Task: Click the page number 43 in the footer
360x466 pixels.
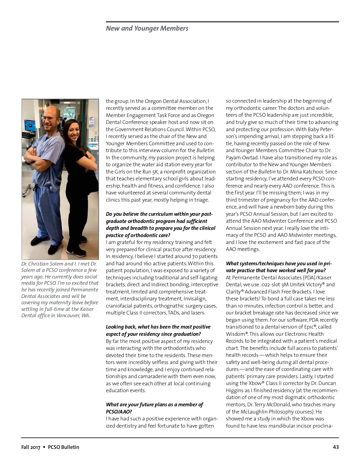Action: click(x=336, y=447)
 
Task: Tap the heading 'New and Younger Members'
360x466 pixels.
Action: click(x=147, y=28)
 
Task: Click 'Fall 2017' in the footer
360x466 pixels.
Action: click(x=31, y=447)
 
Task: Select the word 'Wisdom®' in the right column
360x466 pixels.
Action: click(x=237, y=334)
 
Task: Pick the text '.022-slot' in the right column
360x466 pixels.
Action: click(x=260, y=284)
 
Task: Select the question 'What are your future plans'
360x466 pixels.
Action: click(x=154, y=404)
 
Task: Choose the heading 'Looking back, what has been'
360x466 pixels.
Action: click(x=158, y=327)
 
